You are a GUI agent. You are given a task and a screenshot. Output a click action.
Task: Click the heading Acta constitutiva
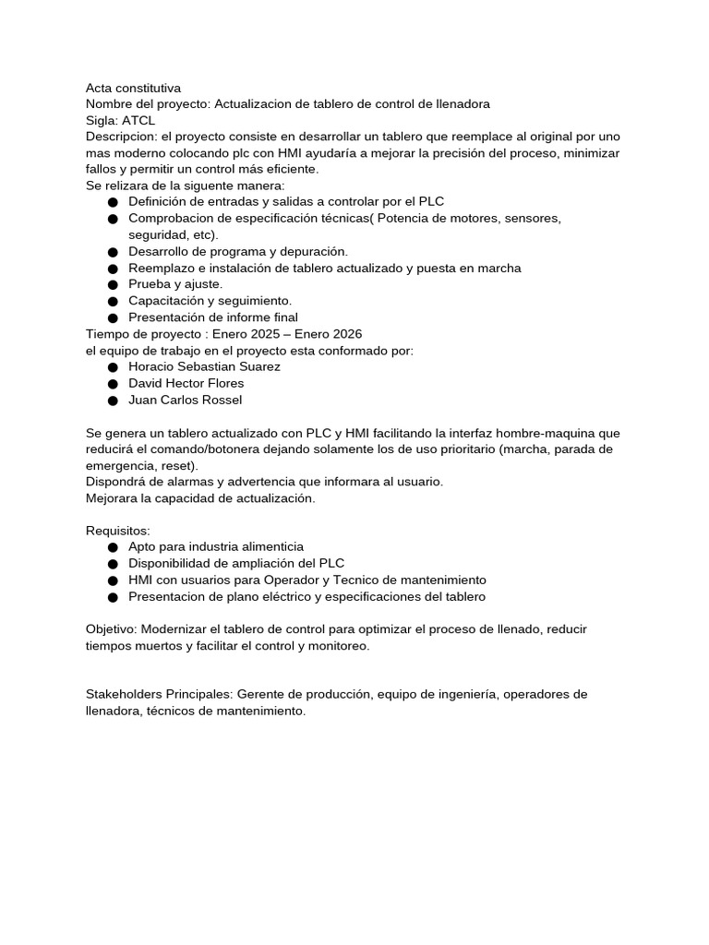pos(133,88)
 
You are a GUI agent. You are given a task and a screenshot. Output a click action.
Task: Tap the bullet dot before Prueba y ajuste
pos(113,285)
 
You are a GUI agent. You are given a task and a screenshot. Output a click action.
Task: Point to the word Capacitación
pos(166,301)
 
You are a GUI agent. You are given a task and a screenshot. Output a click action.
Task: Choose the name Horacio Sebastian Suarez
pos(204,366)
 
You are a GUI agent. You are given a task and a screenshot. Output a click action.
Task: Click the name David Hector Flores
pos(186,383)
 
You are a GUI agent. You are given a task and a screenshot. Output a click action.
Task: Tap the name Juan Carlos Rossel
pos(185,400)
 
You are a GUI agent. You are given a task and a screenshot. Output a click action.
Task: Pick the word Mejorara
pos(113,498)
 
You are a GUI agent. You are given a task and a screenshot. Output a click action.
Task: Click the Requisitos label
pos(117,531)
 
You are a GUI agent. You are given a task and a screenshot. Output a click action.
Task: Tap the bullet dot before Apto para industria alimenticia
pos(113,548)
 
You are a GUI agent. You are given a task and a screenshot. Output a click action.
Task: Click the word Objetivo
pos(111,629)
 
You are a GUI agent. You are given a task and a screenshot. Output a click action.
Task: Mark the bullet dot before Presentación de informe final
pos(113,318)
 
